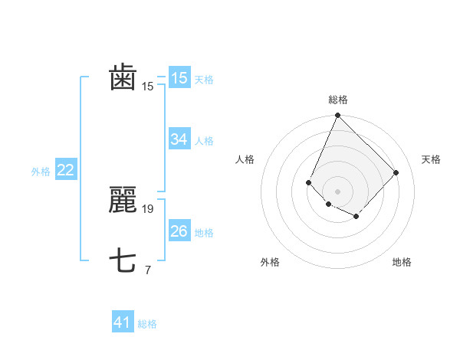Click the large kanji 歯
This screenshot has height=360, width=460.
(123, 78)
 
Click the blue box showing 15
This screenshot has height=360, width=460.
(179, 78)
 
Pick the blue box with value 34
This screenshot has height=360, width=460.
(179, 139)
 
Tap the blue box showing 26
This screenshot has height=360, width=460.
(179, 231)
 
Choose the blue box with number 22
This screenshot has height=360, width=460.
(65, 171)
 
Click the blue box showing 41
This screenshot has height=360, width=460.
(122, 322)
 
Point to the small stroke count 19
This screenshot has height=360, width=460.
(149, 208)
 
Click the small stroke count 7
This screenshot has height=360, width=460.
(147, 270)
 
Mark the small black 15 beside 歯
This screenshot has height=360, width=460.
(148, 87)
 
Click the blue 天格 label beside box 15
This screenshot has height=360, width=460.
(204, 80)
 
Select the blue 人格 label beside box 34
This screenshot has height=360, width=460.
(204, 141)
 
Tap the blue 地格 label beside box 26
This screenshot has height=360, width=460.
(204, 233)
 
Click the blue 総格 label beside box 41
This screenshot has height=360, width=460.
(147, 324)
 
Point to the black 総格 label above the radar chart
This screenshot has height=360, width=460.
(337, 100)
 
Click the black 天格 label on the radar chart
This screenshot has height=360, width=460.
(431, 159)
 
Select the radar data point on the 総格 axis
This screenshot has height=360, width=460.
(337, 116)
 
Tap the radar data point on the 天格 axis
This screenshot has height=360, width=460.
(396, 172)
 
